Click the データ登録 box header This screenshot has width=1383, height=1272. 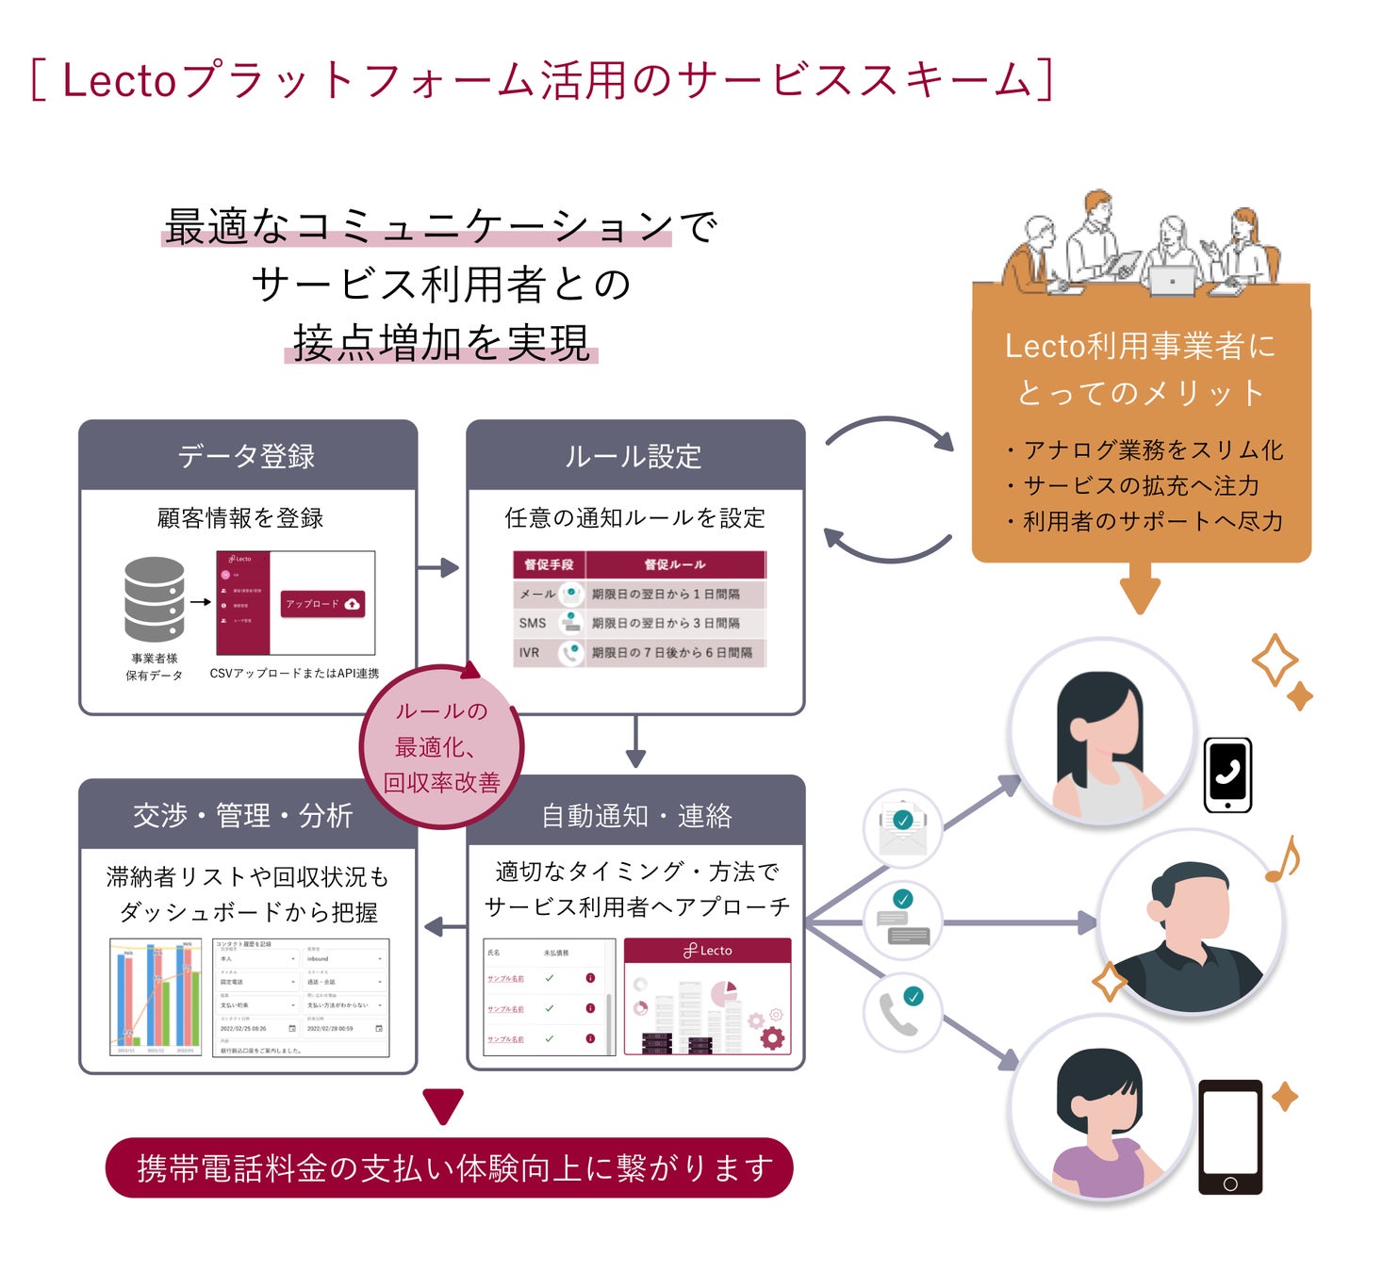pos(247,456)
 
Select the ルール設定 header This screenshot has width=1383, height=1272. pos(634,456)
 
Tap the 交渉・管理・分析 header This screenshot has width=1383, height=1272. pos(243,815)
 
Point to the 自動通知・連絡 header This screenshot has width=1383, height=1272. pos(636,815)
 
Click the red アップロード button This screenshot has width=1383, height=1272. pos(322,604)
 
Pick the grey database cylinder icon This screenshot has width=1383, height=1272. pos(154,599)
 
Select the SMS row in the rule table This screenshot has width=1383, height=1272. pos(639,623)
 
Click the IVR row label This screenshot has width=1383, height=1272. pos(530,652)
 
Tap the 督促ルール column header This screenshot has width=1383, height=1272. pos(675,564)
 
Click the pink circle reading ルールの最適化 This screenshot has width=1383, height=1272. pos(441,747)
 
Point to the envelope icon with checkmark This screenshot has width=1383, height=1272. pos(902,827)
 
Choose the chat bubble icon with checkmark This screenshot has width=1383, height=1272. pos(902,920)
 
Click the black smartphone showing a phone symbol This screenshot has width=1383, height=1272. pos(1227,775)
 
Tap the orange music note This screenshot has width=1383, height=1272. pos(1283,859)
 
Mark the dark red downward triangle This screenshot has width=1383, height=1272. pos(443,1105)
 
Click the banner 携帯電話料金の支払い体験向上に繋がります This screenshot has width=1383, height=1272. pos(450,1168)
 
